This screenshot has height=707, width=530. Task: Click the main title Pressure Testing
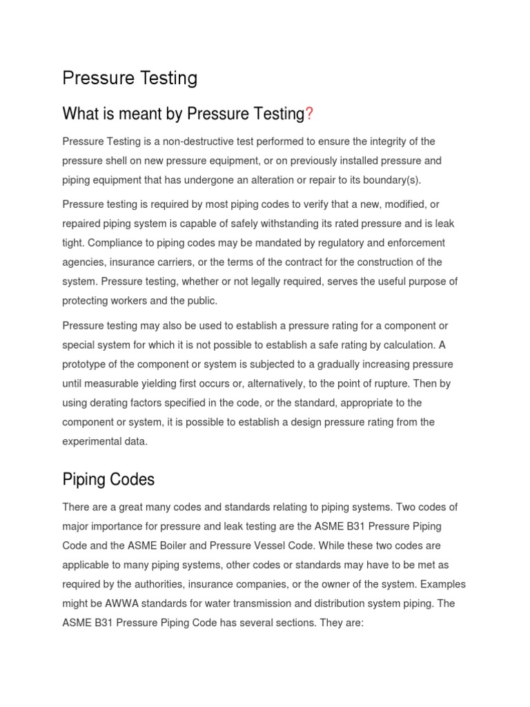point(130,78)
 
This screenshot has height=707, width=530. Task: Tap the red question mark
point(309,114)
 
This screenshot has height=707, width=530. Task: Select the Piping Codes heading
point(108,479)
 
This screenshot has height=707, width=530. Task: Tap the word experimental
point(92,441)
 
